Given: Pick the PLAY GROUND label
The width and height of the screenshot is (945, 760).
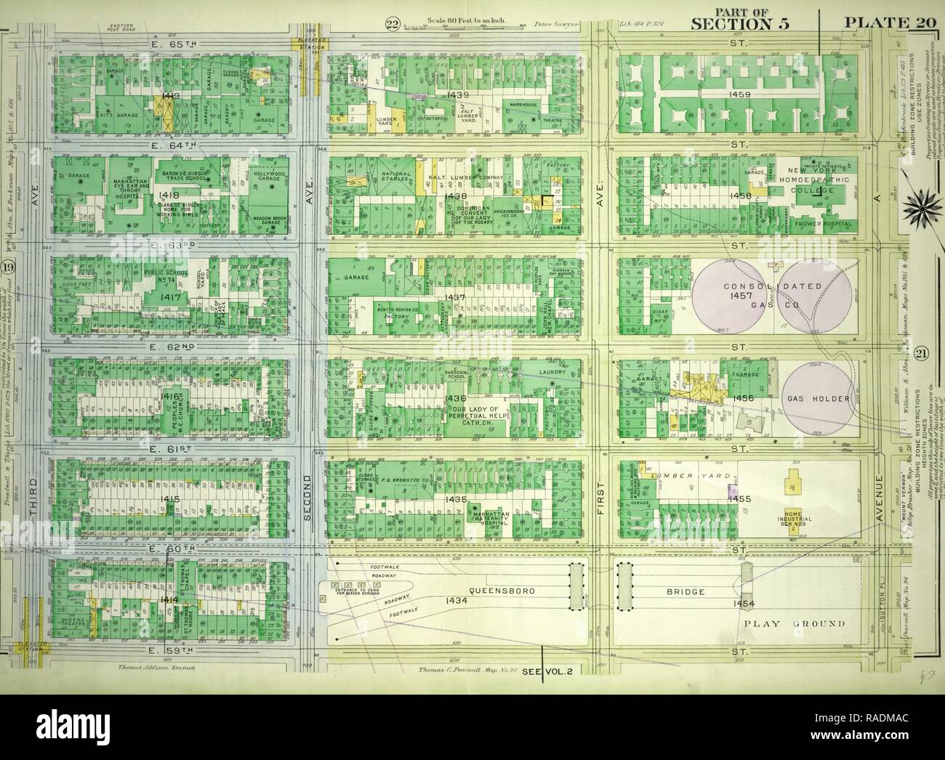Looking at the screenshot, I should pyautogui.click(x=794, y=623).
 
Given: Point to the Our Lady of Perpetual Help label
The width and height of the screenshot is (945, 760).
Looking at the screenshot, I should pyautogui.click(x=483, y=413).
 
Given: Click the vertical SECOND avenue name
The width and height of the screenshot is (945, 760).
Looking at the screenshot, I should pyautogui.click(x=307, y=502).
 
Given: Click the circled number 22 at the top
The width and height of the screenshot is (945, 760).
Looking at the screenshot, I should pyautogui.click(x=393, y=27).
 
